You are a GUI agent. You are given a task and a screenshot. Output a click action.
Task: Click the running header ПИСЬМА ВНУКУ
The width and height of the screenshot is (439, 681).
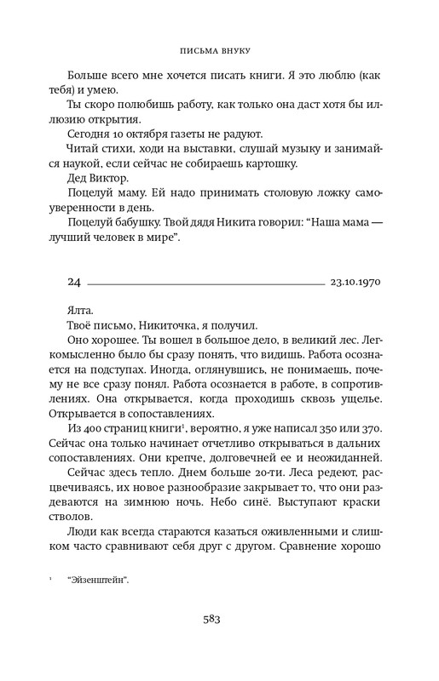pos(219,50)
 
